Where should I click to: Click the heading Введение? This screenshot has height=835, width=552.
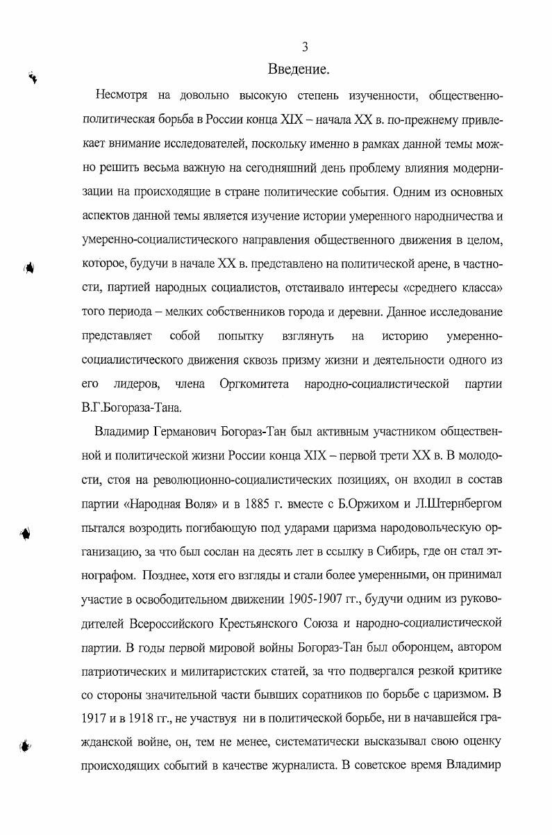pyautogui.click(x=298, y=70)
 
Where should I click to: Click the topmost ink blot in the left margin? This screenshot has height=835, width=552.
pyautogui.click(x=33, y=78)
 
